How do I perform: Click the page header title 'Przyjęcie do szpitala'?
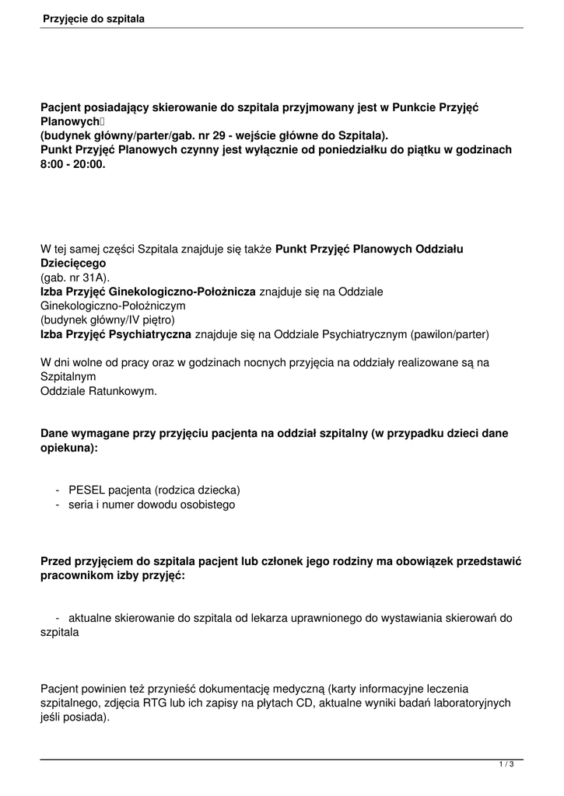point(93,17)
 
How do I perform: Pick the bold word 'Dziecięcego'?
point(73,264)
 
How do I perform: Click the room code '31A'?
point(93,278)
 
